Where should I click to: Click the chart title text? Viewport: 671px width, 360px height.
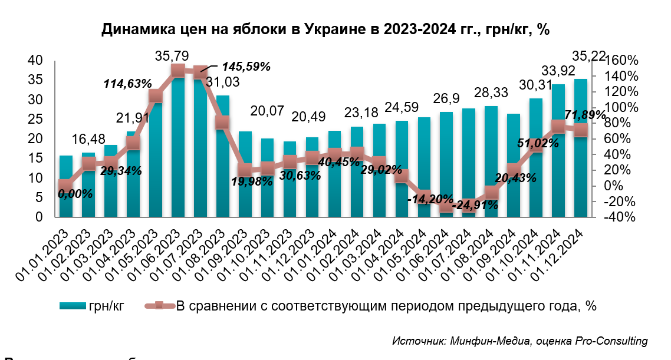click(325, 29)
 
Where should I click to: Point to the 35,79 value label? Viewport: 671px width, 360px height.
click(172, 57)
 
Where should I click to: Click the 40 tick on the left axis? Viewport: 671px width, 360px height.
click(35, 60)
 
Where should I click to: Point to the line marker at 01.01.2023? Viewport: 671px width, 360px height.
click(66, 186)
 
